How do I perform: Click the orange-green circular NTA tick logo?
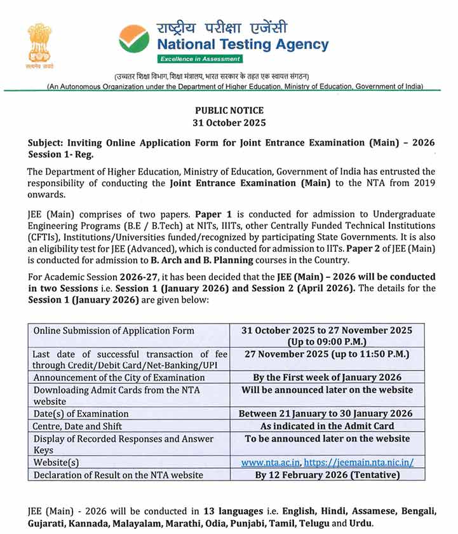click(133, 39)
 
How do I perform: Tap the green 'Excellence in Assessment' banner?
click(200, 59)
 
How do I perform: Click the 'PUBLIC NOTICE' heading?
click(229, 111)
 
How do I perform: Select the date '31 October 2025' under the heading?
click(229, 122)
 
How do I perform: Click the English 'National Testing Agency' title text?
click(243, 44)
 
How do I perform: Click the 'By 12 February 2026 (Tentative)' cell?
click(327, 475)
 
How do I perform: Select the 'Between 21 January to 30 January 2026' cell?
click(327, 413)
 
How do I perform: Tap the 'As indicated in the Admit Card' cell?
click(327, 426)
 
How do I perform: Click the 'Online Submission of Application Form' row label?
click(114, 331)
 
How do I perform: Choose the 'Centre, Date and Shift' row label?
click(77, 426)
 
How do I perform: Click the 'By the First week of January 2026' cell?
click(327, 377)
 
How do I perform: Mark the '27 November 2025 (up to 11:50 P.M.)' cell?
click(327, 354)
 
